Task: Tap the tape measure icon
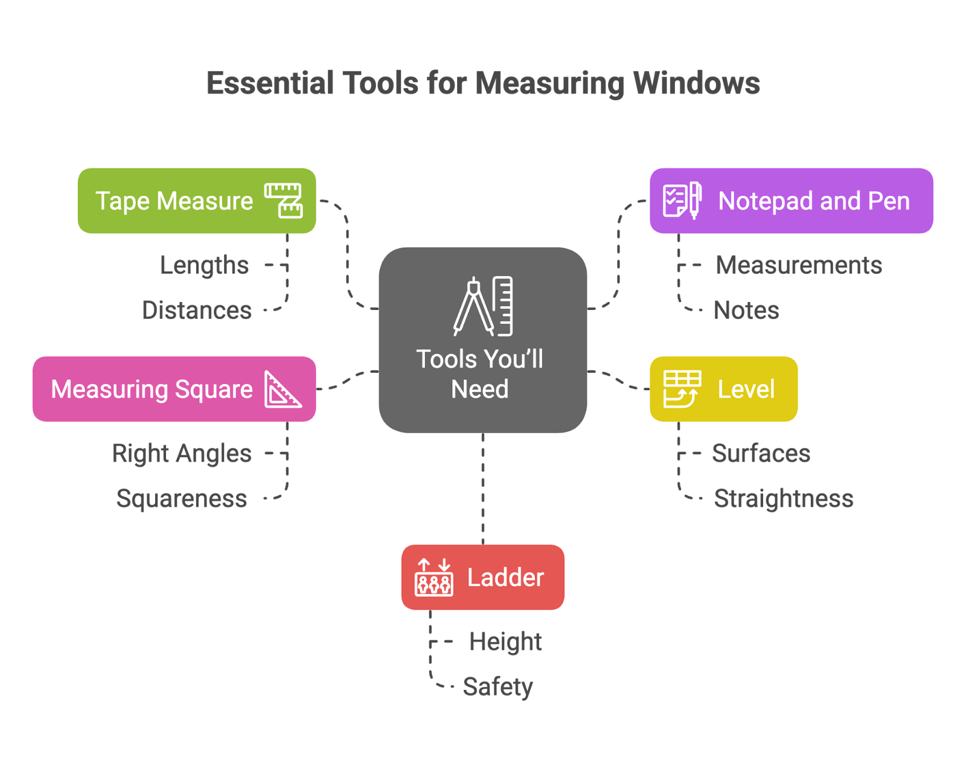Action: [283, 201]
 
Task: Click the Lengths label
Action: [204, 265]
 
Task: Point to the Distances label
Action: [197, 311]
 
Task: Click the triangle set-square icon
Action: [282, 390]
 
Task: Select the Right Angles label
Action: [181, 454]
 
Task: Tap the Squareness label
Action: [181, 499]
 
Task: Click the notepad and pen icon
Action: [682, 200]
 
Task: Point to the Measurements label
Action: [798, 265]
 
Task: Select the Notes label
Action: [746, 311]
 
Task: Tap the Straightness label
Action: [783, 499]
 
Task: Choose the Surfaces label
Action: [761, 454]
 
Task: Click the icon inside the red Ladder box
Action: [433, 578]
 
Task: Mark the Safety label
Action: [497, 687]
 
